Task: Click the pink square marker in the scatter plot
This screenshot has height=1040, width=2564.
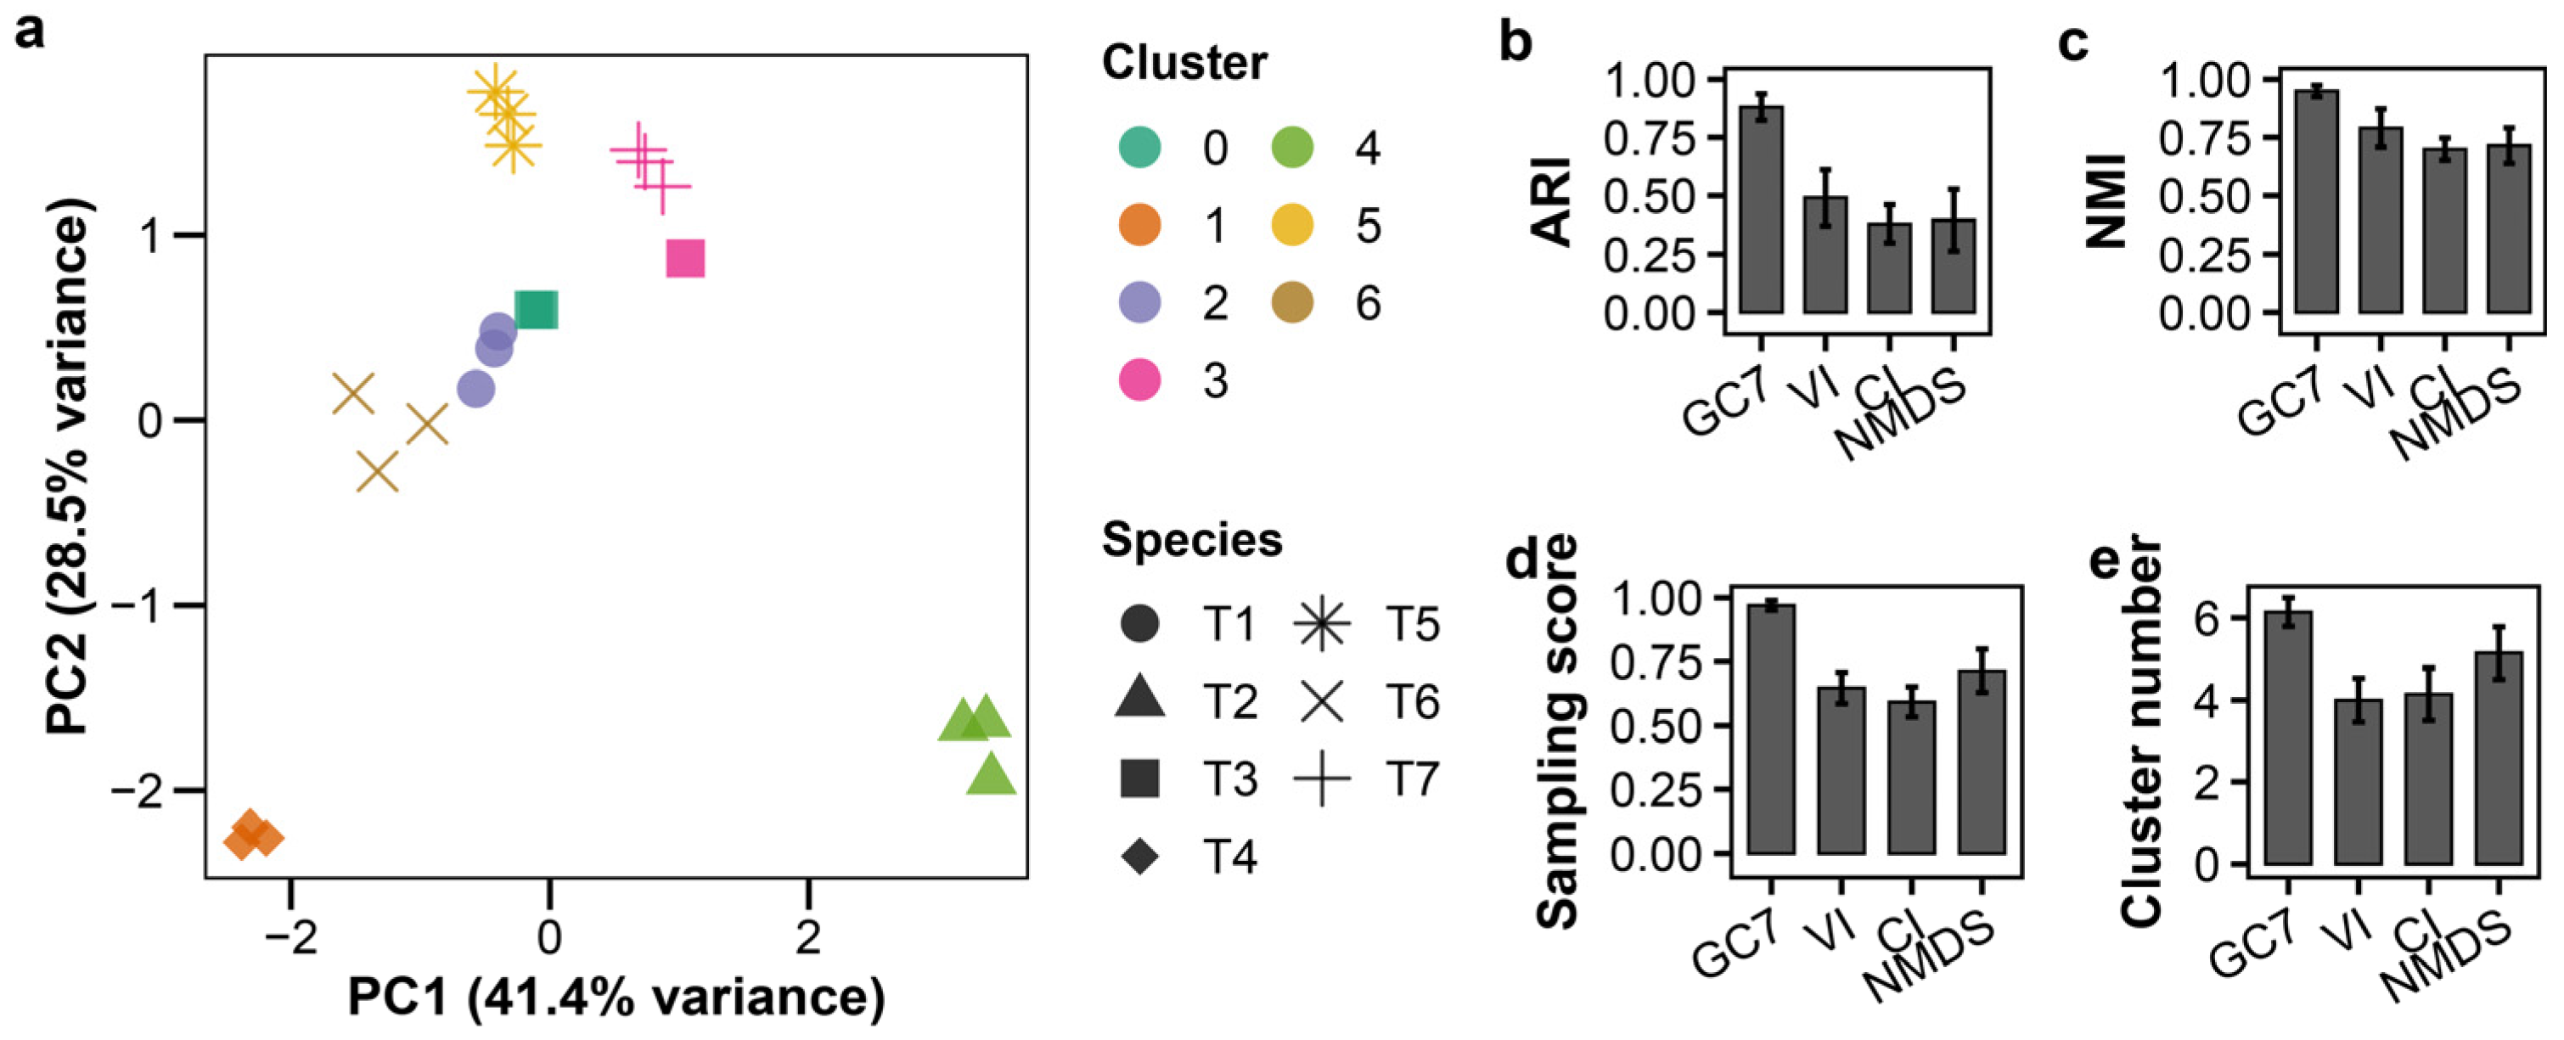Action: (685, 259)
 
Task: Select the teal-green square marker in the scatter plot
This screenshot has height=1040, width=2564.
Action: (537, 311)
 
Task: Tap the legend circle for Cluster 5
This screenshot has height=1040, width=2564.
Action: (1292, 226)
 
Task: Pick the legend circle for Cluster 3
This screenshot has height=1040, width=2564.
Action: (1139, 380)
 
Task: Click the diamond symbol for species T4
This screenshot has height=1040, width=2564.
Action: (1139, 856)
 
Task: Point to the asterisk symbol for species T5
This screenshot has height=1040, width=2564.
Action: (1322, 624)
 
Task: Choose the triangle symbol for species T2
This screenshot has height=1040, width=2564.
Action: (1139, 699)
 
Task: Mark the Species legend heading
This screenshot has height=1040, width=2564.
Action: (1191, 541)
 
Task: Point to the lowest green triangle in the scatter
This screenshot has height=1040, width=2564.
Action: (990, 776)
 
